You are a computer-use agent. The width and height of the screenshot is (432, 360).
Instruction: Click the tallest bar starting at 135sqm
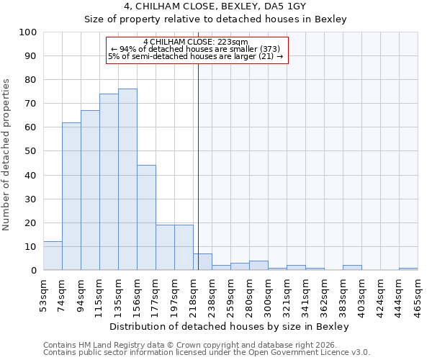coord(127,179)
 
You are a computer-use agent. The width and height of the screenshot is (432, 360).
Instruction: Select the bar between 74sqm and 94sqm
coord(71,196)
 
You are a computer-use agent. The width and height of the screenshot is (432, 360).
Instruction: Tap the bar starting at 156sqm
coord(146,217)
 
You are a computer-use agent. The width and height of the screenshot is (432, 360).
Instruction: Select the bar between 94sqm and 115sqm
coord(90,190)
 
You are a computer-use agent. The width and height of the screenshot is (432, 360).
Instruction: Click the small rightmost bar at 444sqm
coord(408,269)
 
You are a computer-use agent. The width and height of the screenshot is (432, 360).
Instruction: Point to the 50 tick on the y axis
coord(30,151)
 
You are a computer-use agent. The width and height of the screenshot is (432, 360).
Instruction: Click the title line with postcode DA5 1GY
coord(215,6)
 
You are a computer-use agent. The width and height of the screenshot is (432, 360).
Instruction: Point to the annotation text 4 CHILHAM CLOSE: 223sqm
coord(195,42)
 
